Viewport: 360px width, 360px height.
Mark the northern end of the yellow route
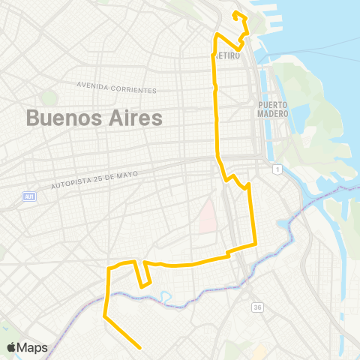[x=235, y=13]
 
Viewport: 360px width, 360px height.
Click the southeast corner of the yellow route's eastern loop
[x=256, y=242]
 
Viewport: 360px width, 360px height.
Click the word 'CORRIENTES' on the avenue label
[x=133, y=90]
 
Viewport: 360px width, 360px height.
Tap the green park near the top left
[x=49, y=97]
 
